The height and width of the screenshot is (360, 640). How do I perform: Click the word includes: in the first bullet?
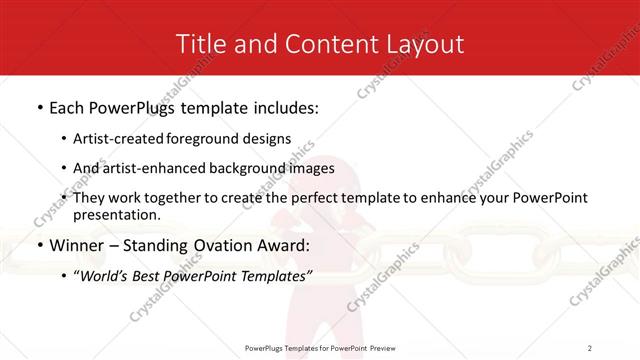pyautogui.click(x=282, y=106)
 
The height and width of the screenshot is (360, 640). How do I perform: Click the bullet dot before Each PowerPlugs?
pyautogui.click(x=39, y=107)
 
